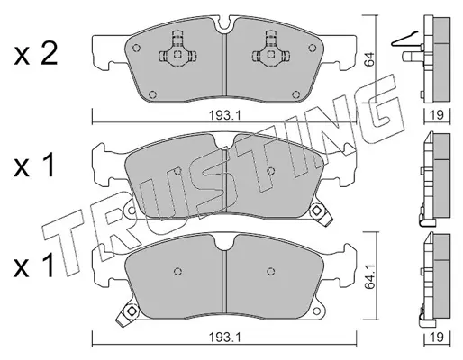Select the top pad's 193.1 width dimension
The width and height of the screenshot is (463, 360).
225,115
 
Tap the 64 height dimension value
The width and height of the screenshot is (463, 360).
369,59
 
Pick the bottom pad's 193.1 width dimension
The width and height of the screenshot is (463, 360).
225,337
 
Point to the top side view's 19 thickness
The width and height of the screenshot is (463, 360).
437,115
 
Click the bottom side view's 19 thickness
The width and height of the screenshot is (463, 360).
437,337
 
